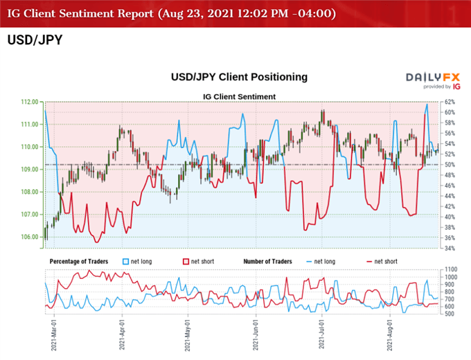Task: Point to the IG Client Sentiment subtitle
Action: coord(239,96)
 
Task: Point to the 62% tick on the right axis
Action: coord(448,102)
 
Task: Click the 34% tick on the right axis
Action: coord(448,249)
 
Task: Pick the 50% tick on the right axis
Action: coord(448,165)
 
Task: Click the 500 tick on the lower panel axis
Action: coord(451,314)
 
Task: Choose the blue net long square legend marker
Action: coord(125,262)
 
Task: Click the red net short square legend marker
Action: coord(186,262)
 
